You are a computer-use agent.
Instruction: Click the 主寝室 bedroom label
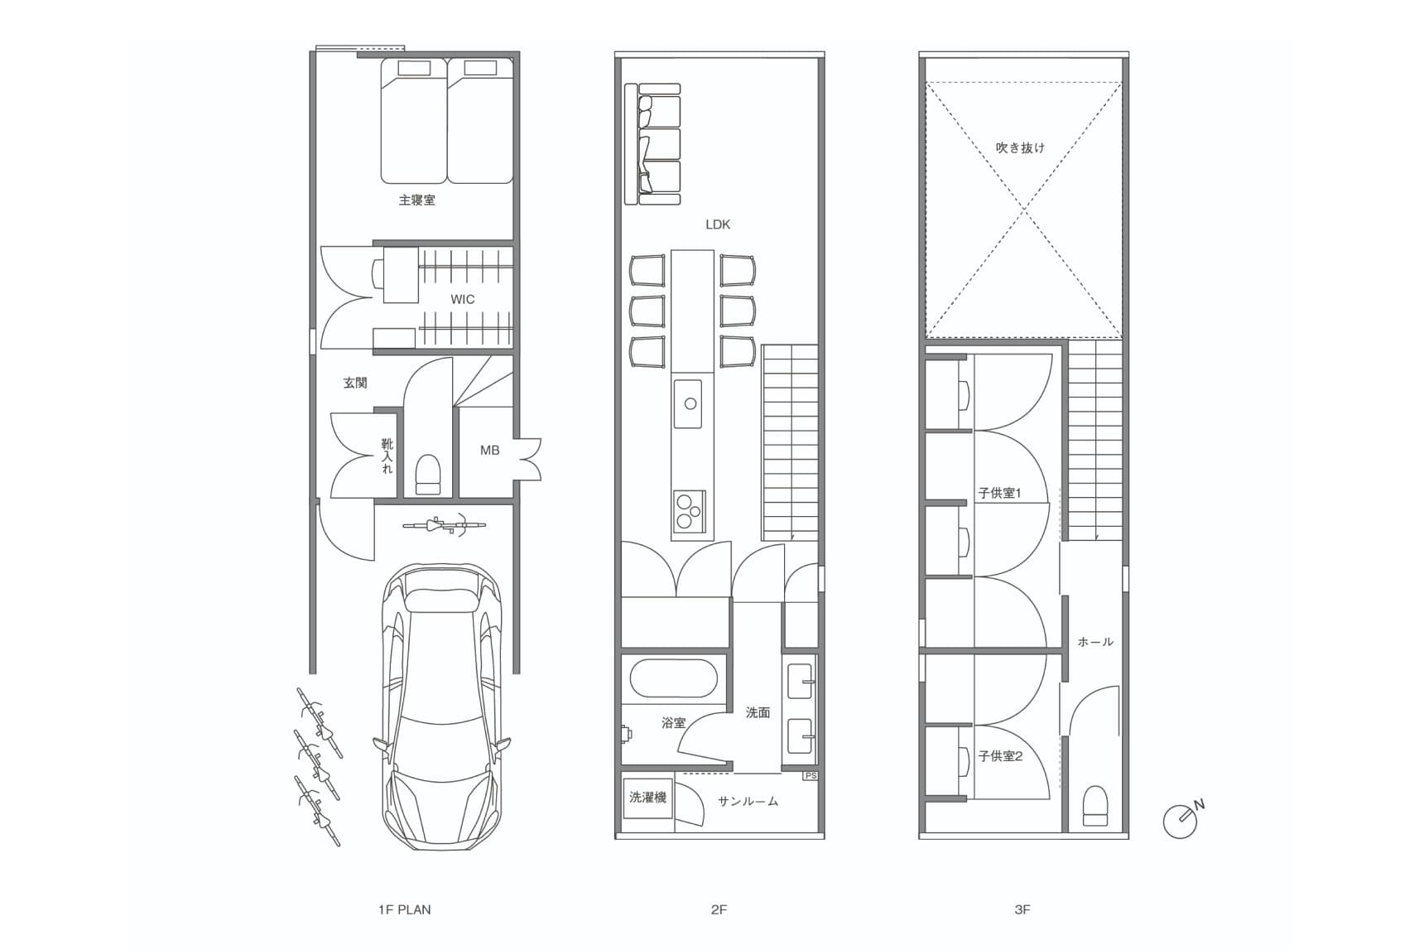coord(416,200)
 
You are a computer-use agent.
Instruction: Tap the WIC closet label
coord(463,299)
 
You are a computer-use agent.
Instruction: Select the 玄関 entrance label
coord(355,383)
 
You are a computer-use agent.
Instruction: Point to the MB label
coord(489,450)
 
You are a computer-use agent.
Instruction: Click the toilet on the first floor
coord(428,474)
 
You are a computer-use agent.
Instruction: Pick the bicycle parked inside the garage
coord(444,524)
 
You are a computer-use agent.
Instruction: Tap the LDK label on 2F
coord(718,224)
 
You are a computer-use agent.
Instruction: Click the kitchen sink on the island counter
coord(688,403)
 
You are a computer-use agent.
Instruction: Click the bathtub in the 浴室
coord(673,679)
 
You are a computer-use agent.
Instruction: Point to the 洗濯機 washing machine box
coord(647,798)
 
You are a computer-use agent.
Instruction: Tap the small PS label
coord(811,775)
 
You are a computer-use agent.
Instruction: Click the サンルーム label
coord(748,801)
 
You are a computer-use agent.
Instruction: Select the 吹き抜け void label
coord(1020,147)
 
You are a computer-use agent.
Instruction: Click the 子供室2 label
coord(1000,755)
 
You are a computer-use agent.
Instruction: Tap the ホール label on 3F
coord(1095,641)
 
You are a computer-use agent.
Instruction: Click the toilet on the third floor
coord(1094,806)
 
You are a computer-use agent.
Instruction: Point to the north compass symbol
coord(1182,818)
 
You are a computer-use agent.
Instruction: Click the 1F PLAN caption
coord(404,909)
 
